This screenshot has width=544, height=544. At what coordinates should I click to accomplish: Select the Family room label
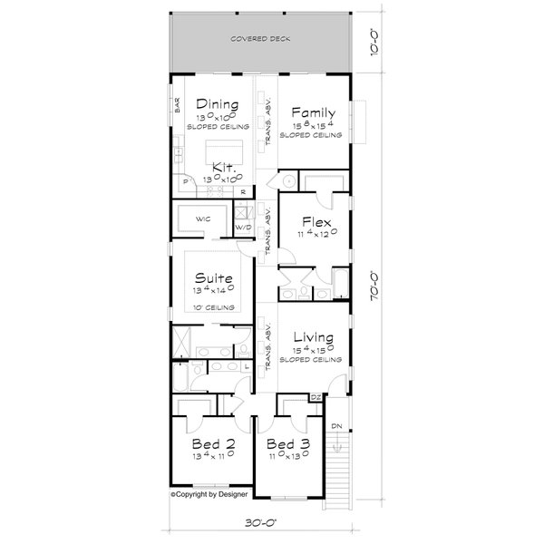coord(312,112)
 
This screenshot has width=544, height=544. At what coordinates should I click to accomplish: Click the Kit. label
coord(223,168)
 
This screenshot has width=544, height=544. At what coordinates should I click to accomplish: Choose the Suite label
coord(216,278)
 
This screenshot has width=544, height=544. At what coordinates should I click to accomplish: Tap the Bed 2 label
coord(213,445)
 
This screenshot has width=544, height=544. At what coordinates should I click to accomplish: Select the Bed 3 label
coord(288,445)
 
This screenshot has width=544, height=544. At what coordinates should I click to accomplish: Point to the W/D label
coord(242,227)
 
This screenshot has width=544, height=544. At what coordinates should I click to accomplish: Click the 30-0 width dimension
coord(260,522)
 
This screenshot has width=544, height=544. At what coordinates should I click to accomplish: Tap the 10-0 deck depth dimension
coord(373,41)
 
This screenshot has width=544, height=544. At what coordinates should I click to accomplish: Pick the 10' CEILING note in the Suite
coord(217,307)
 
